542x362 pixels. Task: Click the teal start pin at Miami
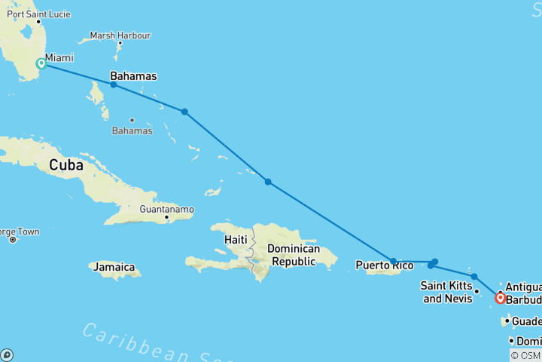pyautogui.click(x=41, y=63)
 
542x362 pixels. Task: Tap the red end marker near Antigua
pyautogui.click(x=500, y=298)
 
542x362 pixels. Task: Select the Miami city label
pyautogui.click(x=59, y=57)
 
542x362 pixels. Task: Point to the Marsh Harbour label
pyautogui.click(x=120, y=35)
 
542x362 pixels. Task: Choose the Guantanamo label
pyautogui.click(x=166, y=209)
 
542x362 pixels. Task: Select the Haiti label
pyautogui.click(x=235, y=239)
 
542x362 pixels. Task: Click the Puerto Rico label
pyautogui.click(x=384, y=265)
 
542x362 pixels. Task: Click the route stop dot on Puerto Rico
pyautogui.click(x=394, y=261)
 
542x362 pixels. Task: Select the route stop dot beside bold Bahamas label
pyautogui.click(x=114, y=84)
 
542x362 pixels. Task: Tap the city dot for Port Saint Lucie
pyautogui.click(x=38, y=21)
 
